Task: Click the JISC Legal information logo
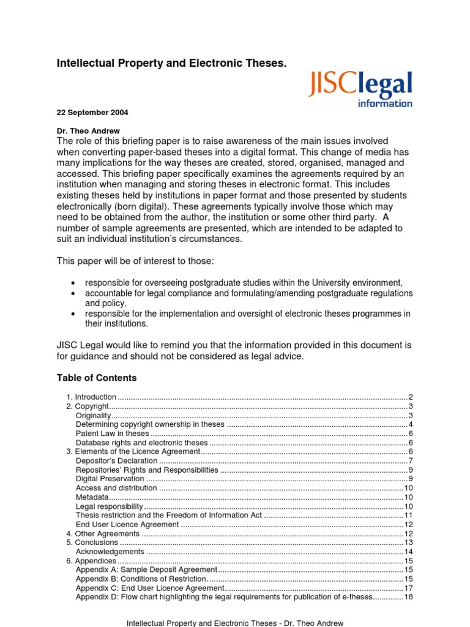click(360, 89)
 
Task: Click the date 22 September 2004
click(92, 113)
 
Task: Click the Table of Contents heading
click(97, 378)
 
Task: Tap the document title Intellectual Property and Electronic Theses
click(171, 63)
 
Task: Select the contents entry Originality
click(93, 416)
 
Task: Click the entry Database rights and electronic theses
click(142, 443)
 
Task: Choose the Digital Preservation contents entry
click(110, 479)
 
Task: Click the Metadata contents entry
click(92, 497)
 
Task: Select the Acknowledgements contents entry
click(110, 552)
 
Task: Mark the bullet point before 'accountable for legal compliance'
click(73, 294)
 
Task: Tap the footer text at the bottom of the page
click(235, 623)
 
